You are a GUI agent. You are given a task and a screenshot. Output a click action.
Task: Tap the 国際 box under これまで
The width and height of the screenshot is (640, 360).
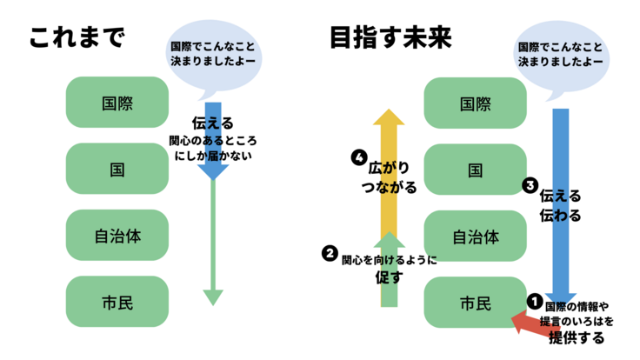pos(117,102)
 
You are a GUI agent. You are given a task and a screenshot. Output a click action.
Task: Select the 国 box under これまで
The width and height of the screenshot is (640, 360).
pos(117,169)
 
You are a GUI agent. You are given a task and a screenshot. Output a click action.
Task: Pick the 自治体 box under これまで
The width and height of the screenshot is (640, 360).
pos(117,235)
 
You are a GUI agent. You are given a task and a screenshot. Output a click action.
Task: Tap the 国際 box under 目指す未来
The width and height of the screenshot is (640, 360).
pos(475,103)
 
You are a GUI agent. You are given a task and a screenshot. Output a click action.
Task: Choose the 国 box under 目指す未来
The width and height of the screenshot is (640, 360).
pos(475,170)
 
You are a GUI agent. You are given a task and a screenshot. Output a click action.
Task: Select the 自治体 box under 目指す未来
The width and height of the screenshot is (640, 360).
pos(475,236)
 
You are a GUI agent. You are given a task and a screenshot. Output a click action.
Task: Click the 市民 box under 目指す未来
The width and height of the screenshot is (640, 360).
pos(475,303)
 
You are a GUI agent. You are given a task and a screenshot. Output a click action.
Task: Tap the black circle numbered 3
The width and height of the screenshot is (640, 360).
pos(530,185)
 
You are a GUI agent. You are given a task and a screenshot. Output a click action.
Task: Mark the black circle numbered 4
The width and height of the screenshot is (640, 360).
pos(357,157)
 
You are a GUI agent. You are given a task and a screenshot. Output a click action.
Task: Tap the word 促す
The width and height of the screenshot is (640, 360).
pos(389,277)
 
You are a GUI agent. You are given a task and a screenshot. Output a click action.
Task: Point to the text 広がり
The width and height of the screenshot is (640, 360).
pos(389,165)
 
